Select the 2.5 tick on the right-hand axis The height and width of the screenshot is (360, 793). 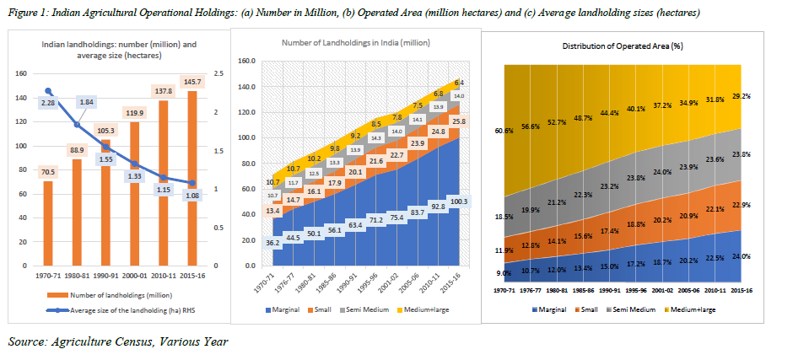(218, 74)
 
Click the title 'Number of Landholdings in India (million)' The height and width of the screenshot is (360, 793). (353, 43)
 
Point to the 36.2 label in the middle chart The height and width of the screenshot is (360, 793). (272, 243)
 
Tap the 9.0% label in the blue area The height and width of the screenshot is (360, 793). (505, 272)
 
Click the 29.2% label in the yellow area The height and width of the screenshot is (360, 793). (742, 97)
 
